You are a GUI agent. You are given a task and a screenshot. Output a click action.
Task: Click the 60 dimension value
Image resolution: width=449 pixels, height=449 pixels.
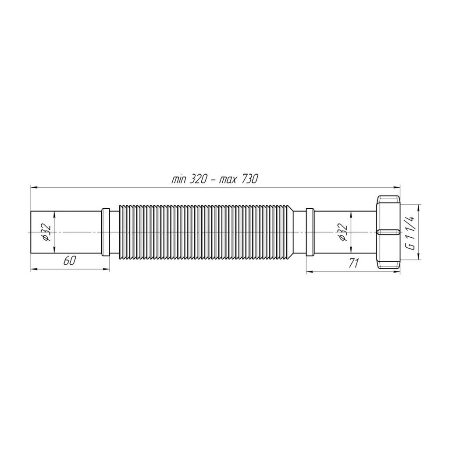click(69, 260)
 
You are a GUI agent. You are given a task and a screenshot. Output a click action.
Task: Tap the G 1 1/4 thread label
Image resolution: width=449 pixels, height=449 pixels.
click(412, 232)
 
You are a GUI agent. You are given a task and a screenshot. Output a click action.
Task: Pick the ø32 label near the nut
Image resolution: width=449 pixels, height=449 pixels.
click(343, 232)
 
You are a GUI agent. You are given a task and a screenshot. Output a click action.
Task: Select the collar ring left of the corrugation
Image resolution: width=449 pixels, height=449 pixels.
click(105, 232)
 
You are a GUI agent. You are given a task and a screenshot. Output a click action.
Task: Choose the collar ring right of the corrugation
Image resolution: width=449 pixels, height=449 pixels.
click(310, 232)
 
